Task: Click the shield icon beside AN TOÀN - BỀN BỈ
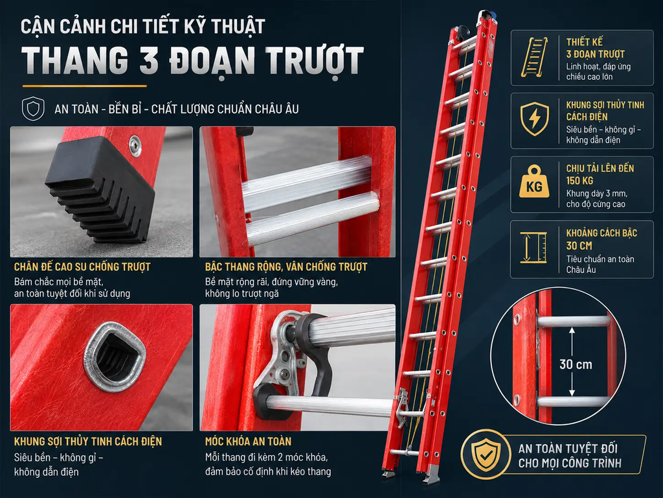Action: coord(33,108)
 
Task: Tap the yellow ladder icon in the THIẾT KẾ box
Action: coord(534,57)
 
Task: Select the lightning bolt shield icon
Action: coord(534,119)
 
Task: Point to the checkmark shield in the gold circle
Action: coord(486,454)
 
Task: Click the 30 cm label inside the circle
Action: coord(576,364)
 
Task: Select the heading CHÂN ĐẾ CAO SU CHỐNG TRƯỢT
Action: coord(82,267)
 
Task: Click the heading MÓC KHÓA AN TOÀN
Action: coord(248,442)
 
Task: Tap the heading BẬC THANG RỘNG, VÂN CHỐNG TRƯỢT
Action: coord(286,267)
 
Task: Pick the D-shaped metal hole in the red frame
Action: coord(115,355)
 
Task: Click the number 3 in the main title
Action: coord(148,60)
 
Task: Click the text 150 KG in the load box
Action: coord(579,181)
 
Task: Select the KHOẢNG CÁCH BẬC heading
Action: coord(601,233)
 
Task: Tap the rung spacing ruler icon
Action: coord(534,247)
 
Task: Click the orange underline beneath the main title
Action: coord(85,86)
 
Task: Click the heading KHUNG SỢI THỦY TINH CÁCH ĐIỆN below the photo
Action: coord(88,442)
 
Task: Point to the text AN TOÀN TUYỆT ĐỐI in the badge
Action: coord(568,449)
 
